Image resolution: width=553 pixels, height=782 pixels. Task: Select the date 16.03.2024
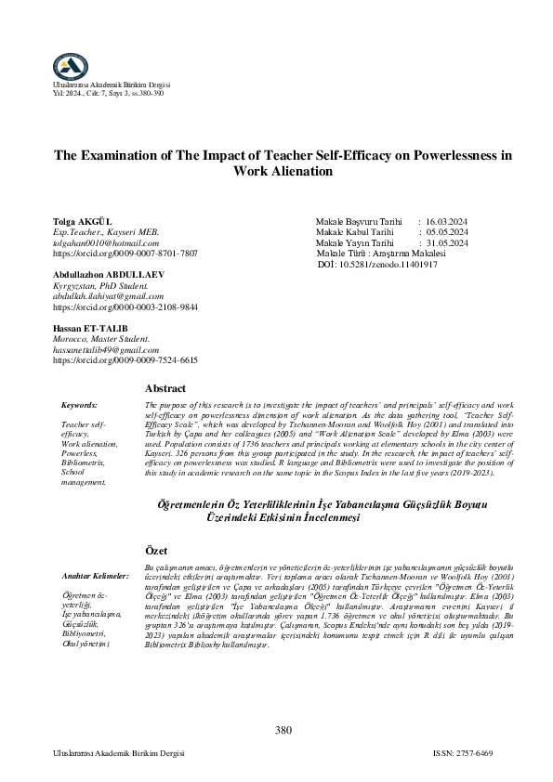447,222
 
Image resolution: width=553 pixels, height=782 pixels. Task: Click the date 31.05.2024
447,242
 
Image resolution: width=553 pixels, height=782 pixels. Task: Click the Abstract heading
166,388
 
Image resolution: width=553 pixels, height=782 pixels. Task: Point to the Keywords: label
79,406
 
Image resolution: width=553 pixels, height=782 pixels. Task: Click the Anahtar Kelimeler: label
96,575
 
